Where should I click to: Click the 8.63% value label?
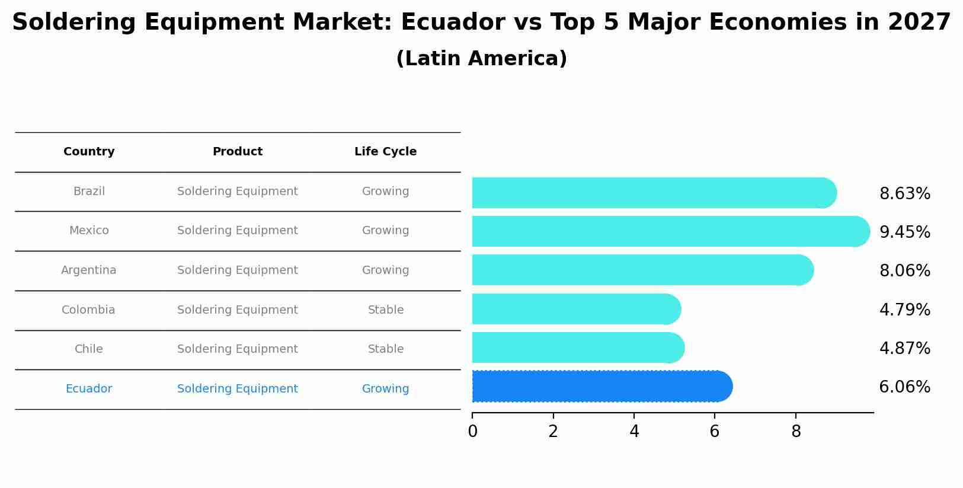(x=904, y=194)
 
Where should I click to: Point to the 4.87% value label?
(x=904, y=349)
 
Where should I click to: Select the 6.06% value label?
(x=904, y=387)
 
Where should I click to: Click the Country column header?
(x=89, y=152)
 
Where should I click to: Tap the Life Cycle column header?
(x=385, y=152)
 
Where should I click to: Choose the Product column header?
(x=237, y=152)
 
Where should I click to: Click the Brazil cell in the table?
(x=89, y=192)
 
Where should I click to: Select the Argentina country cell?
(x=89, y=270)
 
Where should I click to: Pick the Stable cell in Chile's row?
(x=385, y=349)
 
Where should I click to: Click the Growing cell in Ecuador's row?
(x=385, y=389)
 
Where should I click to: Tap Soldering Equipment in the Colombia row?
(x=237, y=310)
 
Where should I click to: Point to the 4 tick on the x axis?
(x=634, y=432)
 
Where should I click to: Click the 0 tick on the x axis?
(x=472, y=432)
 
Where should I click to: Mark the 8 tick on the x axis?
(x=796, y=432)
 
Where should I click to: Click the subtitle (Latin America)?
(x=481, y=59)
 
